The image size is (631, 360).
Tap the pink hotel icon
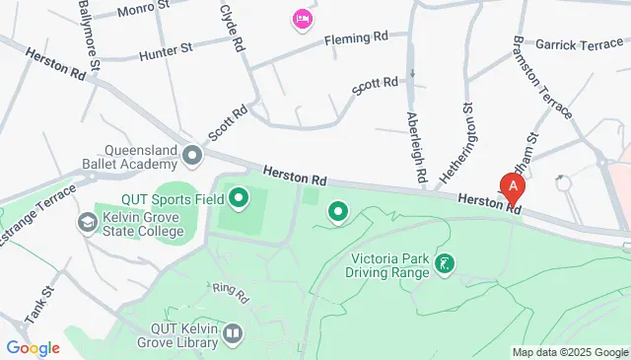[302, 19]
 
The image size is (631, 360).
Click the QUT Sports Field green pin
[239, 200]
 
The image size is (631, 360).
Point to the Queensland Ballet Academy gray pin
[191, 155]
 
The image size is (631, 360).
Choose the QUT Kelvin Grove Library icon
[233, 334]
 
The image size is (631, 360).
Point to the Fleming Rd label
[356, 38]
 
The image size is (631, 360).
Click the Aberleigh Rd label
[416, 146]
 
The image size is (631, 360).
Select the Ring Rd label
[231, 293]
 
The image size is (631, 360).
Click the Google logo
[33, 348]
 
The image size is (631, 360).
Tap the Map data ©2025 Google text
[570, 352]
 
